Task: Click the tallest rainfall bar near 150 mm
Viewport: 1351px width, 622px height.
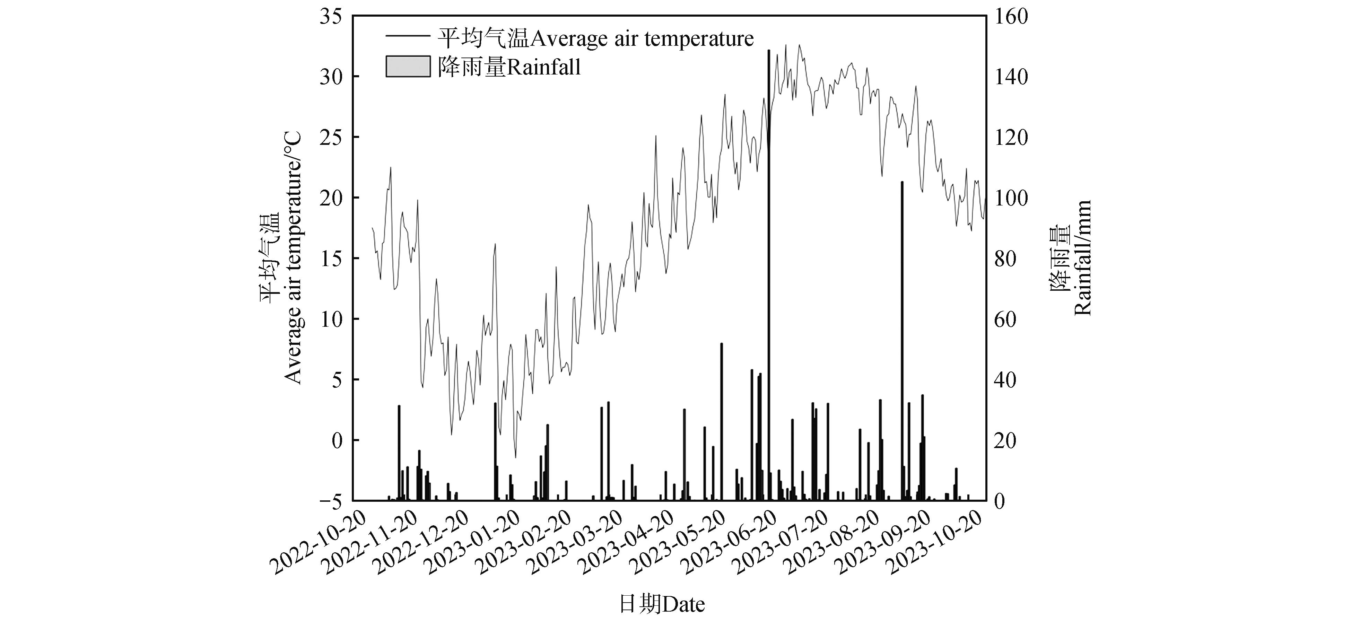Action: [x=769, y=273]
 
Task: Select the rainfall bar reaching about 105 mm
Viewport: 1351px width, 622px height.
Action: [x=902, y=341]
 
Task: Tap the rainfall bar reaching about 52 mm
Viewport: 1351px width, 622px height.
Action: [x=722, y=422]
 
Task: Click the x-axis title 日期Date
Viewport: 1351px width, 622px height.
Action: [x=662, y=605]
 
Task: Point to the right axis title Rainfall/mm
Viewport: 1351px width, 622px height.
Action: [x=1082, y=257]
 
